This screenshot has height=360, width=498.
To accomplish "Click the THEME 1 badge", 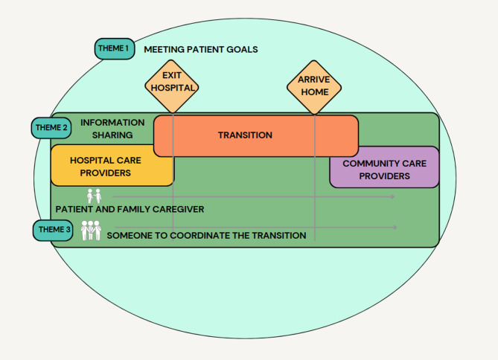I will coord(113,48).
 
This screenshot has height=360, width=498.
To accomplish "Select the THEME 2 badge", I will coord(50,127).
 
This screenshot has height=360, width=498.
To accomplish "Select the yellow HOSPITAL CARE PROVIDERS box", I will coord(112,166).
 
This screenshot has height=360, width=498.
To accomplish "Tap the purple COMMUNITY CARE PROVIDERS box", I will coord(384,169).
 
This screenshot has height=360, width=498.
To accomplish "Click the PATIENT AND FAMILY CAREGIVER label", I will coord(130,209).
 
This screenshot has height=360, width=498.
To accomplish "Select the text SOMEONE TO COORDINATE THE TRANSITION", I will coord(206,235).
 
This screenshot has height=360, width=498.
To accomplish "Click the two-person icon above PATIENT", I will coord(93,196).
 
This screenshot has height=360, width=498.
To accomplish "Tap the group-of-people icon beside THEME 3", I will coord(90,230).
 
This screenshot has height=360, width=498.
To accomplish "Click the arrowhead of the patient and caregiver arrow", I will coord(393,197).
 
